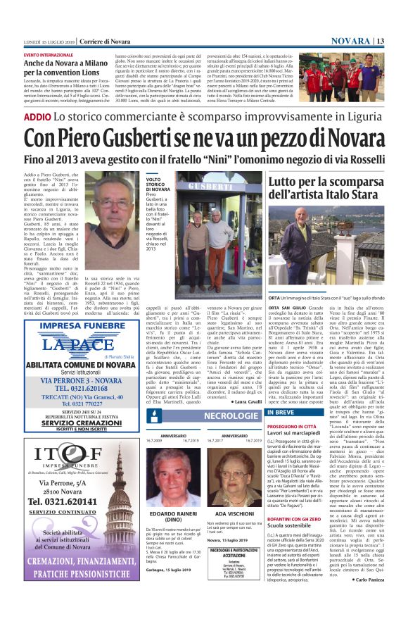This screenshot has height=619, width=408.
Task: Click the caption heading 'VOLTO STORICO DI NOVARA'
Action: [x=158, y=187]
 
